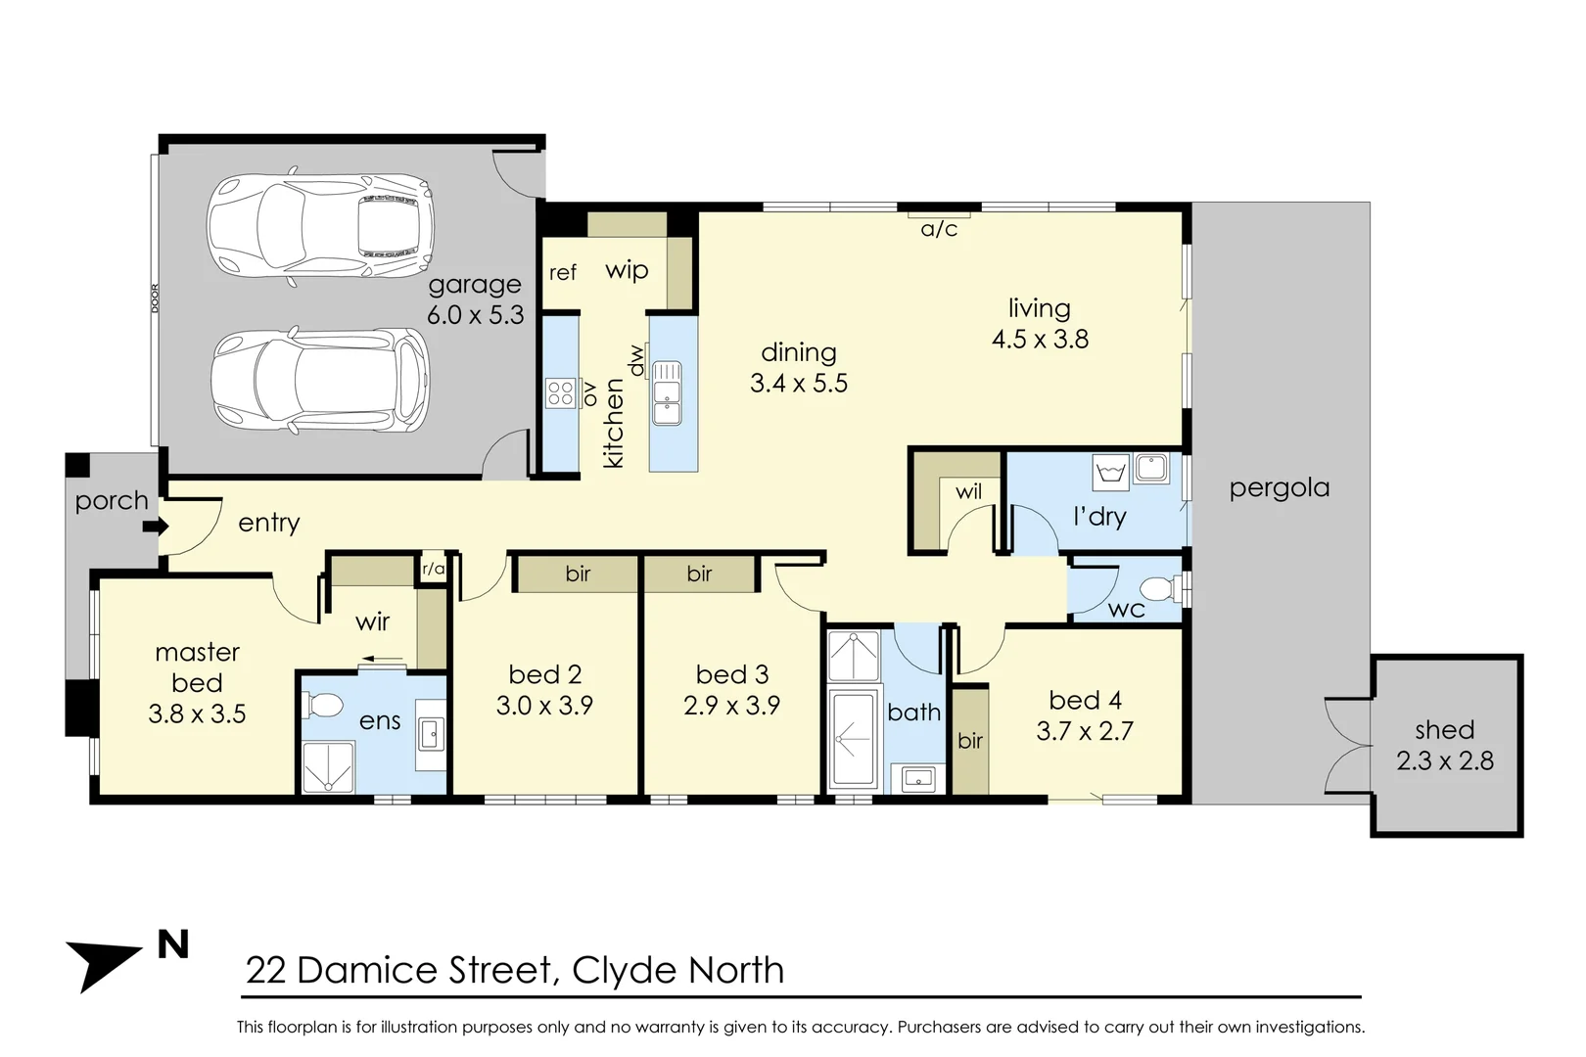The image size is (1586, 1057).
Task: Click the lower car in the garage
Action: click(x=320, y=381)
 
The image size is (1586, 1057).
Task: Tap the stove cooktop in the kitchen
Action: click(x=561, y=393)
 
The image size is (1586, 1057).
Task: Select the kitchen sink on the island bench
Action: click(x=667, y=392)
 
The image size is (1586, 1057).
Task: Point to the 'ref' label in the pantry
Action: click(x=563, y=273)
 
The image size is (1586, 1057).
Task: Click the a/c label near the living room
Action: click(x=939, y=229)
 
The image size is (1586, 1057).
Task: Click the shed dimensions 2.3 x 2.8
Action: click(x=1445, y=761)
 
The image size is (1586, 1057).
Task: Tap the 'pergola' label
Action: click(x=1279, y=487)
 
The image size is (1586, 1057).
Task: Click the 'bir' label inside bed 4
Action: click(x=970, y=741)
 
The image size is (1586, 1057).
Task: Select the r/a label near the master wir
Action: click(x=433, y=569)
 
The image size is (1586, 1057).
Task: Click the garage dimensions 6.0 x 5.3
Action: click(x=476, y=315)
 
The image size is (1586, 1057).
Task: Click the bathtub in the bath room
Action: click(x=854, y=739)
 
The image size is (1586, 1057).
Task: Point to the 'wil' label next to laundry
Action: click(x=968, y=491)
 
